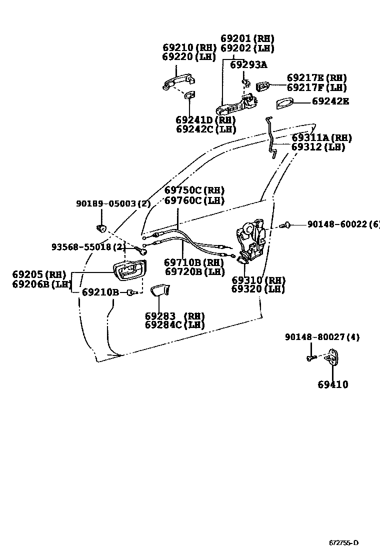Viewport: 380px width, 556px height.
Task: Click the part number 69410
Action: tap(332, 384)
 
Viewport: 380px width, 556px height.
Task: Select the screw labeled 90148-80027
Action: tap(309, 357)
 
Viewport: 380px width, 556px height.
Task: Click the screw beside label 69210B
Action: tap(132, 292)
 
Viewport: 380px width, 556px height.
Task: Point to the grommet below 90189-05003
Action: tap(102, 228)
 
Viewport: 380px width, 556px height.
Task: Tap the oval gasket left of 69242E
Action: tap(285, 103)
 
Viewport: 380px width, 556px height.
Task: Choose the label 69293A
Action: tap(248, 64)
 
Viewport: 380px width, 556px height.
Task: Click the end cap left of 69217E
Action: tap(264, 86)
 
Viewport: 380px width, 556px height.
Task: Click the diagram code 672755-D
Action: tap(343, 543)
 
